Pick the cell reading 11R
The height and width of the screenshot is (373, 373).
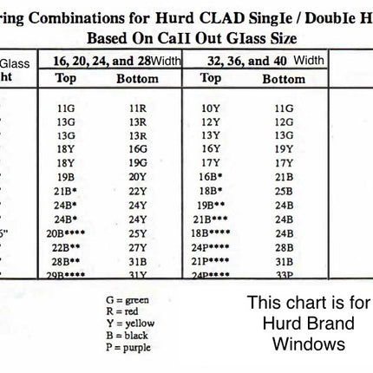pos(138,109)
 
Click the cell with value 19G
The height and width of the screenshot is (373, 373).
pos(138,161)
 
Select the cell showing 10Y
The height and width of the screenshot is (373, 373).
pos(210,109)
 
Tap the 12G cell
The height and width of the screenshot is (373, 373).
pos(284,122)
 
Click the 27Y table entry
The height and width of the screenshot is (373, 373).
pos(138,246)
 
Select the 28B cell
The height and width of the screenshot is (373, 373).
pos(284,246)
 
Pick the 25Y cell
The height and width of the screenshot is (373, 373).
pos(138,232)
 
